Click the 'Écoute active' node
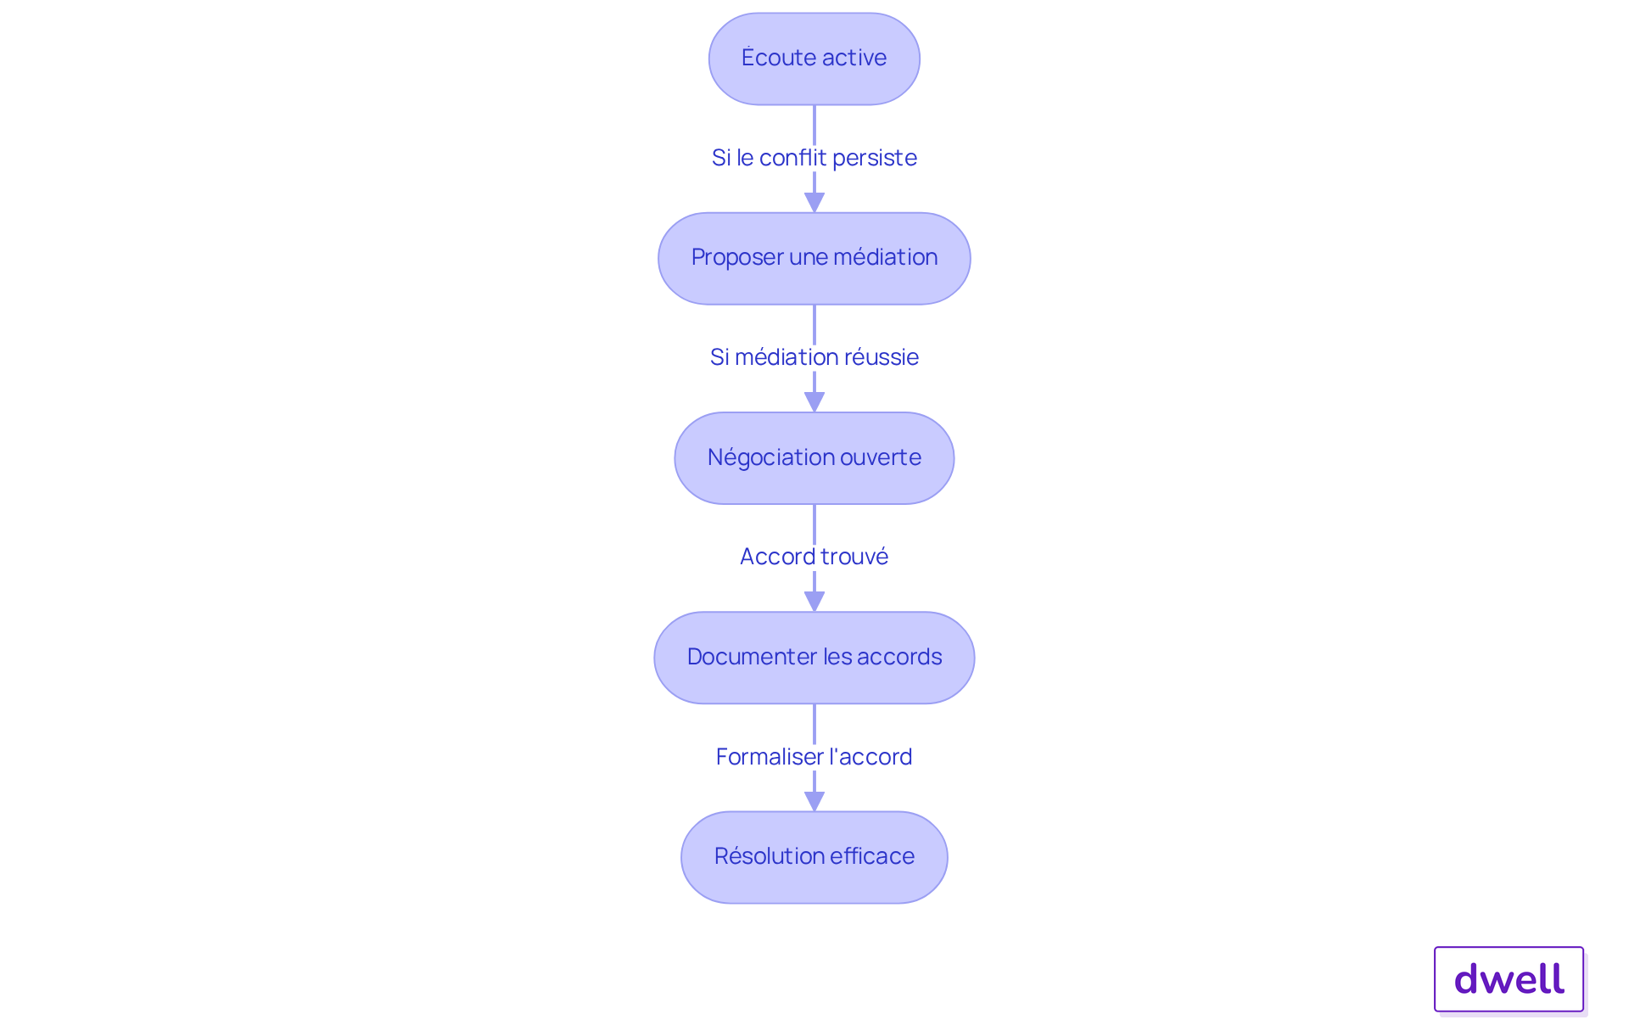click(x=814, y=59)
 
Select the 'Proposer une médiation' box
click(x=814, y=258)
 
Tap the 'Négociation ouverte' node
click(x=814, y=458)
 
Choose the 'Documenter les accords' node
click(x=814, y=658)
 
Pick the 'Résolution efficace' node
click(x=814, y=857)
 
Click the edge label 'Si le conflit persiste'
click(x=814, y=158)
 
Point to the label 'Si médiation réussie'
click(x=814, y=357)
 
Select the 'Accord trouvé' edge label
click(x=814, y=557)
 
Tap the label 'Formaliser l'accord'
click(x=814, y=757)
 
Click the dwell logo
click(x=1509, y=979)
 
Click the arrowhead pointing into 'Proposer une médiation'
click(x=814, y=202)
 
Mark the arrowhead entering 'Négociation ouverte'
click(x=814, y=401)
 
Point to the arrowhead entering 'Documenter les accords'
click(x=814, y=601)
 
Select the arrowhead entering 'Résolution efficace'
click(x=814, y=800)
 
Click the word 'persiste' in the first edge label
click(x=874, y=158)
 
